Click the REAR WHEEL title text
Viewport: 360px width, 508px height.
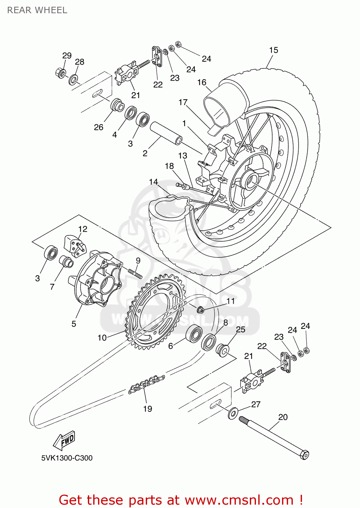37,10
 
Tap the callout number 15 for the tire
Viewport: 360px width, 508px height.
273,50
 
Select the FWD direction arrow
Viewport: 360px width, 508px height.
65,440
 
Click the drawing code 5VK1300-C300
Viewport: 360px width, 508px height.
67,458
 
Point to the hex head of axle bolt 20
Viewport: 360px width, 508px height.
304,454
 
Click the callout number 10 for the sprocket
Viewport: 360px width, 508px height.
102,338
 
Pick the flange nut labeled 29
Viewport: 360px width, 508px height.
61,73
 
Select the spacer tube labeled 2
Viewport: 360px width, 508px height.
166,133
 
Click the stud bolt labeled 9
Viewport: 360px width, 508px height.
135,273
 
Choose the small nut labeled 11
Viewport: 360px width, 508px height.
200,309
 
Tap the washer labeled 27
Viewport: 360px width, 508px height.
233,413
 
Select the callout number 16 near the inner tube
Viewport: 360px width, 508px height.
202,82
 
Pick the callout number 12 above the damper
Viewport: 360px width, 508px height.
82,229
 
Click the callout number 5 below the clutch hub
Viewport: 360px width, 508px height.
74,324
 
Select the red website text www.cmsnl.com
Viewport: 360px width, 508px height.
239,500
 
